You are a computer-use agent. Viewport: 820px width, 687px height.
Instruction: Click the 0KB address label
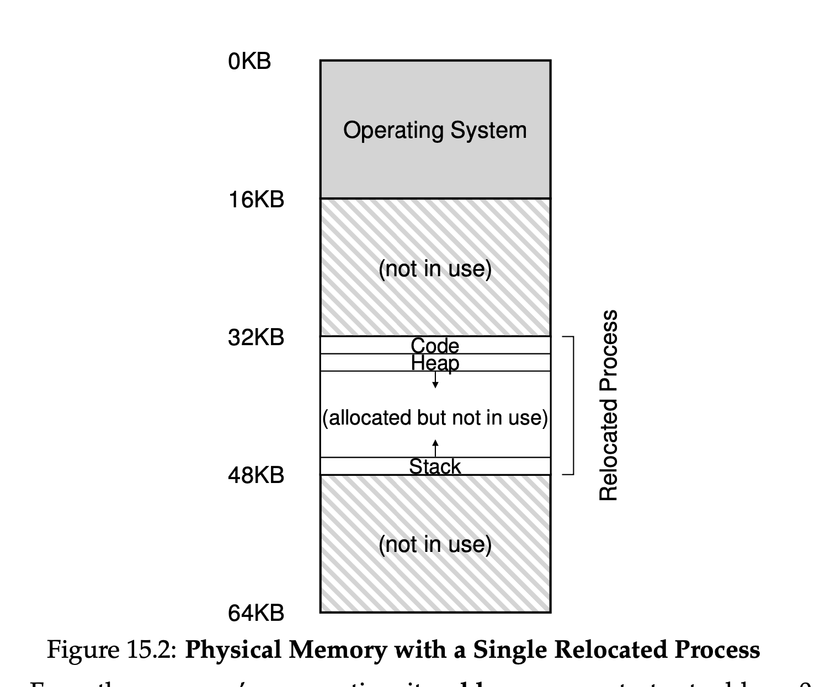coord(249,61)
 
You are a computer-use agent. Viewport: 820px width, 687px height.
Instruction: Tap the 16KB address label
coord(256,200)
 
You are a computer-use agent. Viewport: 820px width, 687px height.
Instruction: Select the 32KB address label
coord(256,337)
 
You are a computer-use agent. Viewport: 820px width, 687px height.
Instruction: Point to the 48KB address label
coord(256,475)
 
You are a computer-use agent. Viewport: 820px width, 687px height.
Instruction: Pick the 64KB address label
coord(256,613)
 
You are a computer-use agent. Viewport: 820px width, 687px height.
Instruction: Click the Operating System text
coord(435,130)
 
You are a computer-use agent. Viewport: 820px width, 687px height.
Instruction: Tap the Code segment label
coord(435,346)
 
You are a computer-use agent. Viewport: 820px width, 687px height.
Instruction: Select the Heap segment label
coord(435,363)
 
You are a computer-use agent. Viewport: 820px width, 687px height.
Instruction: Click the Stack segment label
coord(435,466)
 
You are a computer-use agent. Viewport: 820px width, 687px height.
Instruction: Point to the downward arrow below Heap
coord(435,380)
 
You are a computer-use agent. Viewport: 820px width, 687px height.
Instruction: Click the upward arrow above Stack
coord(435,448)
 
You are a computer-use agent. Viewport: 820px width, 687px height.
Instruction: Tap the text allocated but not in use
coord(435,418)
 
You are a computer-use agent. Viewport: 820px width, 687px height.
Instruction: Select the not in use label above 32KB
coord(435,269)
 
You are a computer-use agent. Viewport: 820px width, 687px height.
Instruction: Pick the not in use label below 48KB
coord(435,544)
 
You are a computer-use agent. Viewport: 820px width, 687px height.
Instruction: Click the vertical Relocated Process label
coord(608,405)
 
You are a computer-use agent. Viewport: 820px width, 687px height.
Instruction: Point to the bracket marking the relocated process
coord(573,405)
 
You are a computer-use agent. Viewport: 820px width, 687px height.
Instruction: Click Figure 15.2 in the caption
coord(111,650)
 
